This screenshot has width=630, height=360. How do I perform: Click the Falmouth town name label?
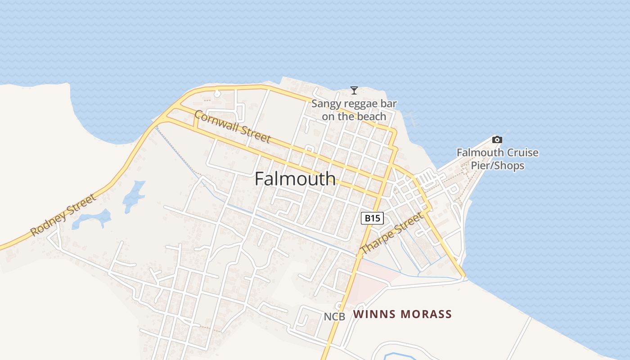pyautogui.click(x=295, y=179)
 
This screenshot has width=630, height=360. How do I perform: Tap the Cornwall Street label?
pyautogui.click(x=232, y=127)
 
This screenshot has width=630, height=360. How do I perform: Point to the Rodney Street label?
pyautogui.click(x=63, y=215)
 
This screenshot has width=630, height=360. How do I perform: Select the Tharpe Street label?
pyautogui.click(x=392, y=233)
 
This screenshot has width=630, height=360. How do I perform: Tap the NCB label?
pyautogui.click(x=334, y=317)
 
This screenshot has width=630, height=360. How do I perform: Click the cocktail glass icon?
pyautogui.click(x=354, y=90)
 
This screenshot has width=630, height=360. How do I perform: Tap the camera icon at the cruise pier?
pyautogui.click(x=497, y=139)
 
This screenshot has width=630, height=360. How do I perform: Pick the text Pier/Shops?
pyautogui.click(x=497, y=166)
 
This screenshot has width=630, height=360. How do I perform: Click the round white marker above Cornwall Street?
pyautogui.click(x=217, y=94)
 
